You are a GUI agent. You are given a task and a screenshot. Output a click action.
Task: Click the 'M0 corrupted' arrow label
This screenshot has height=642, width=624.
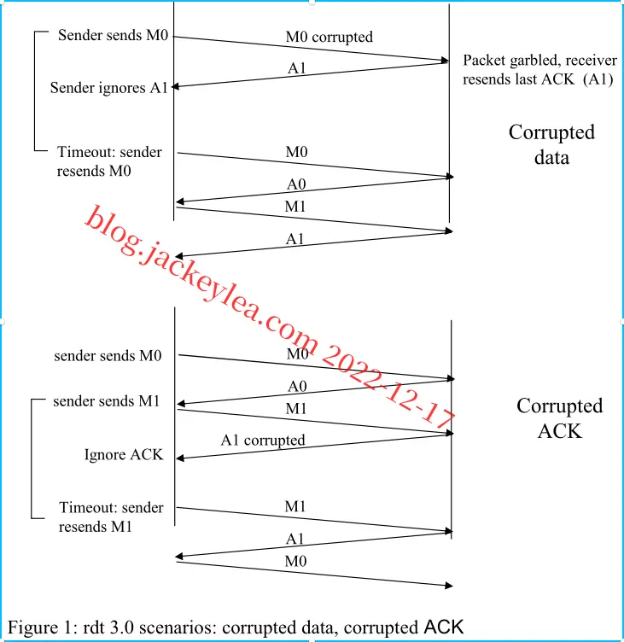329,37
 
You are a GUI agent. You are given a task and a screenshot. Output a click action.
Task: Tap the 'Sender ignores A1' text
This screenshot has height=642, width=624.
109,88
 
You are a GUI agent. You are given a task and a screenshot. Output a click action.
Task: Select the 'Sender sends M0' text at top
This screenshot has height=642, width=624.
113,35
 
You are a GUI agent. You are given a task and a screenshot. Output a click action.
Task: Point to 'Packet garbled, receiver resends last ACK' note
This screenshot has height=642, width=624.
539,70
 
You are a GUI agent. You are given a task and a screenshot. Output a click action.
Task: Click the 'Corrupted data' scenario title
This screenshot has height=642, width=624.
551,144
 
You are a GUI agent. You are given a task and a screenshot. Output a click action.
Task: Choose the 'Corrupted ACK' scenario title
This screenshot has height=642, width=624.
559,418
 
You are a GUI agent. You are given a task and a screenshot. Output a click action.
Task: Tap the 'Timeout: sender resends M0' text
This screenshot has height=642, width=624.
109,161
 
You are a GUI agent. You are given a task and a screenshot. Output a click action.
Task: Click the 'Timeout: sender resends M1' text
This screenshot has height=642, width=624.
111,517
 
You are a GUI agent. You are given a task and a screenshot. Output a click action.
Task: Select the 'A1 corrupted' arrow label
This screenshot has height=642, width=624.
263,441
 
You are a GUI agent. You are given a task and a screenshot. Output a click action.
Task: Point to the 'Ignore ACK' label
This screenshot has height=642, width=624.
124,454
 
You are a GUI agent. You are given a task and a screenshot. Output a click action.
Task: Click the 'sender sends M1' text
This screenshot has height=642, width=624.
107,401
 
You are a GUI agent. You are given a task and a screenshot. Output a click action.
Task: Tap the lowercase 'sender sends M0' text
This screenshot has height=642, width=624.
108,356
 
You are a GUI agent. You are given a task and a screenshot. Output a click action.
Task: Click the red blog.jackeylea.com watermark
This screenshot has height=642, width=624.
271,317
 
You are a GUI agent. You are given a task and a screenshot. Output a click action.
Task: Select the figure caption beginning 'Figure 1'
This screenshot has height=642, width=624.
236,627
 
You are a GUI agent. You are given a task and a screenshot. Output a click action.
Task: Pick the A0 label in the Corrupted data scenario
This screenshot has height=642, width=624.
296,184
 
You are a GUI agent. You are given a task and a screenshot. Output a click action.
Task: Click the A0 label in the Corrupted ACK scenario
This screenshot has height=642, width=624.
297,386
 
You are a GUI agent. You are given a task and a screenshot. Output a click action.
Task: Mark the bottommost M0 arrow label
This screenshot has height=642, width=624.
295,561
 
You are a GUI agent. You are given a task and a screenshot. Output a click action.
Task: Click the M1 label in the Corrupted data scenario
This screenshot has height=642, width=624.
295,207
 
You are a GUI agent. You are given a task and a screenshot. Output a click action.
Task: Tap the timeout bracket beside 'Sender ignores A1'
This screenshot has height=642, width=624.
34,90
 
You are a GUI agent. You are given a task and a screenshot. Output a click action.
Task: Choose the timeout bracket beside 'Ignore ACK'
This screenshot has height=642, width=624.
32,458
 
